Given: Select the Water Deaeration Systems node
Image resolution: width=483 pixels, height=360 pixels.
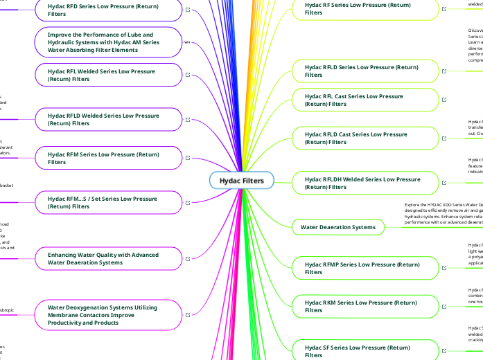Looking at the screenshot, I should [337, 226].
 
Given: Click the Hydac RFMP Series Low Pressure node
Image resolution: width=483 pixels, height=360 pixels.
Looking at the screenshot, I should [362, 268].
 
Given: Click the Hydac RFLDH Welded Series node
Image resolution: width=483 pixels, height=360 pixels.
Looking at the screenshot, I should [362, 183].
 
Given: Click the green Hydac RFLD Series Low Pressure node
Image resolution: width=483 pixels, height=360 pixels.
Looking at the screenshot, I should [362, 71].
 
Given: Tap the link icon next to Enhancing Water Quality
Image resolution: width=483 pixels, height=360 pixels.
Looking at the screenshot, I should [189, 259].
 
